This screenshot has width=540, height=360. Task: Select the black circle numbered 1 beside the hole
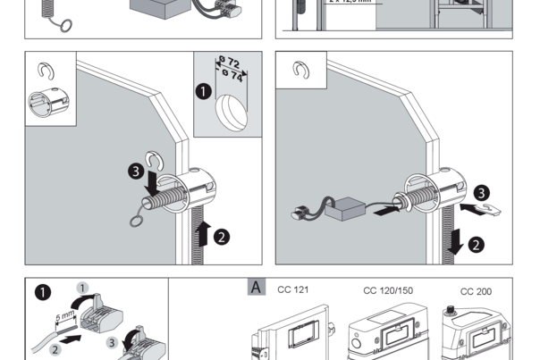click(204, 91)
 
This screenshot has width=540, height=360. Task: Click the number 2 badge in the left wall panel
click(222, 238)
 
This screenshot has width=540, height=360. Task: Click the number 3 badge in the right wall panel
click(480, 192)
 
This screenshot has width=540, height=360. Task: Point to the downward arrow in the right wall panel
click(456, 239)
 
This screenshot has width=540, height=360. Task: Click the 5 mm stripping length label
click(63, 314)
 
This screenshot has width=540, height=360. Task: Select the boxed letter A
click(255, 289)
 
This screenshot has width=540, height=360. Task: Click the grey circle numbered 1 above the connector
click(83, 289)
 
